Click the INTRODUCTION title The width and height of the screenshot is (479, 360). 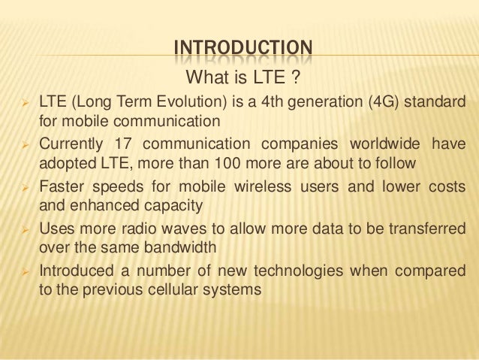[241, 50]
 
